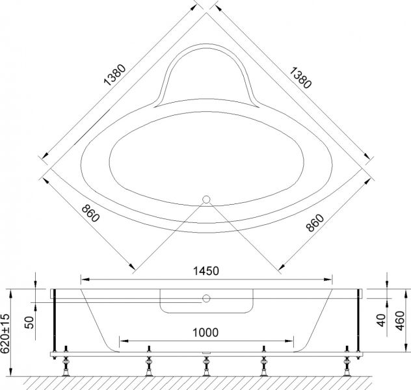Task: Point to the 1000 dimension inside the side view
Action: (x=205, y=331)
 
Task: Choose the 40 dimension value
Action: (x=382, y=322)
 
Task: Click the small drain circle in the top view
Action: (x=206, y=200)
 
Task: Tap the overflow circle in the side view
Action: (x=205, y=299)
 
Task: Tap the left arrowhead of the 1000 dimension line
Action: (x=121, y=339)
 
